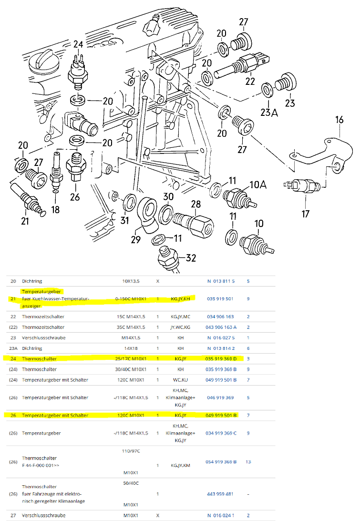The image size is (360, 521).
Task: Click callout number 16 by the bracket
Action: point(339,119)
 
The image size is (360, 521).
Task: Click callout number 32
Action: point(191,258)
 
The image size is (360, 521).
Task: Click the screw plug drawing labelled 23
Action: point(287,84)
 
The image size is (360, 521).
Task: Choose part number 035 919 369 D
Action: point(225,358)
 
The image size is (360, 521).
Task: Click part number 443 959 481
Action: point(220,494)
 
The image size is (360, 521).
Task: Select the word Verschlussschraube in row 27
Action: point(43,515)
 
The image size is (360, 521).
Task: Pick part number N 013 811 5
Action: point(221,281)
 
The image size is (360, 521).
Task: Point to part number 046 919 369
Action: point(220,397)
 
